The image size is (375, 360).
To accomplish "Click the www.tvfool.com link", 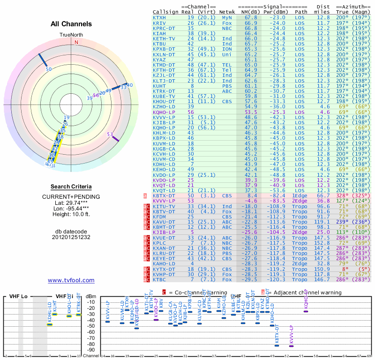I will tap(71, 280).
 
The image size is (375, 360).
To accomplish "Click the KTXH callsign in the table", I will tap(159, 17).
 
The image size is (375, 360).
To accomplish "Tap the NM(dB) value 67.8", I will tap(250, 17).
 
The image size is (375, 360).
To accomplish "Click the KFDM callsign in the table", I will tap(159, 217).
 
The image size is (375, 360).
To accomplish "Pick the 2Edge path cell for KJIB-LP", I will tap(301, 232).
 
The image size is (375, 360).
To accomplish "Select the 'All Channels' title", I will tap(71, 24).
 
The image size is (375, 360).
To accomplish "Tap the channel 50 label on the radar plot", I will tap(49, 69).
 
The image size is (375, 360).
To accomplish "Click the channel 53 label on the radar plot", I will tap(110, 135).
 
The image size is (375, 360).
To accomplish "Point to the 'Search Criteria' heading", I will tap(71, 187).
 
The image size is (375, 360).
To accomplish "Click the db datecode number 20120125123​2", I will tap(71, 237).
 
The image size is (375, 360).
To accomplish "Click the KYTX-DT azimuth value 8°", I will tap(345, 269).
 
